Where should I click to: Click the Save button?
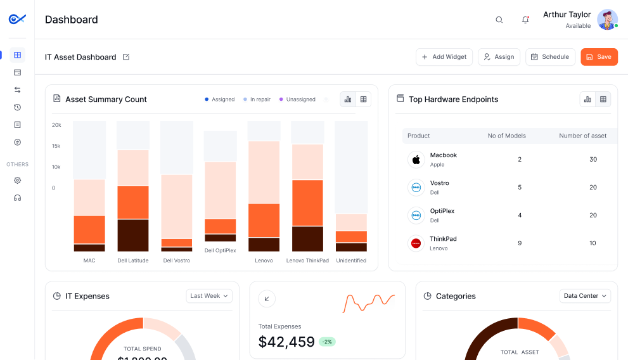pos(599,57)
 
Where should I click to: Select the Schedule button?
pos(550,57)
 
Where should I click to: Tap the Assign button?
pos(499,57)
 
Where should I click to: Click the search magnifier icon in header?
pos(499,20)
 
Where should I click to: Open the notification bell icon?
pos(525,20)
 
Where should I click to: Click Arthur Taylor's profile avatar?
pos(607,20)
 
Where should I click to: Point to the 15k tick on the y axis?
pos(56,146)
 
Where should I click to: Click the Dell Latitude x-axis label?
pos(133,260)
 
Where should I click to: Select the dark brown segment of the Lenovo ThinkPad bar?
pos(307,239)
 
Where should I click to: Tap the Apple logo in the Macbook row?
pos(416,160)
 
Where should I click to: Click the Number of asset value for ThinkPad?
pos(593,243)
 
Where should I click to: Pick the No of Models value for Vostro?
pos(520,188)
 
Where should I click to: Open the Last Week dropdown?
pos(209,296)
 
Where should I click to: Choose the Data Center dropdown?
pos(585,296)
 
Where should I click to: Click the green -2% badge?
pos(327,342)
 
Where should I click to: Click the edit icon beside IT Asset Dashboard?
pos(126,57)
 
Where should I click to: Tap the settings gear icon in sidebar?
pos(18,181)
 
